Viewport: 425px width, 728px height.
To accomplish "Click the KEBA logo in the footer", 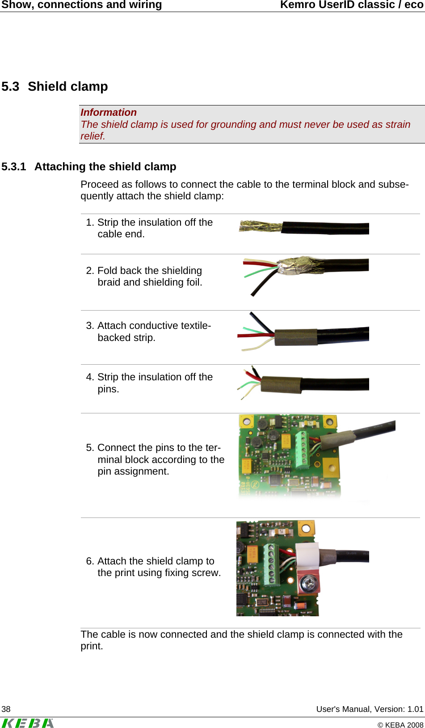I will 28,723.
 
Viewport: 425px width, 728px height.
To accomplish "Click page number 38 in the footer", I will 6,709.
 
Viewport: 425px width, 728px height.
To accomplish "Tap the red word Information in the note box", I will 109,112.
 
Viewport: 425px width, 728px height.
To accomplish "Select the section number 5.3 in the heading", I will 10,86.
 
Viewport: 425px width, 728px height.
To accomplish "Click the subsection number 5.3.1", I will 14,167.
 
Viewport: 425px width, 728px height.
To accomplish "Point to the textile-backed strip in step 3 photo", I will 296,337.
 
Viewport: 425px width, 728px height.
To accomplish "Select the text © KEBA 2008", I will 400,725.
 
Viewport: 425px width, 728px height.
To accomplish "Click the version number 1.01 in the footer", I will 415,709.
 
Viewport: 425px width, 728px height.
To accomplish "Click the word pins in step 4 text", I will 108,389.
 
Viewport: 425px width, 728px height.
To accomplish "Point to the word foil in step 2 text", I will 193,282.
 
